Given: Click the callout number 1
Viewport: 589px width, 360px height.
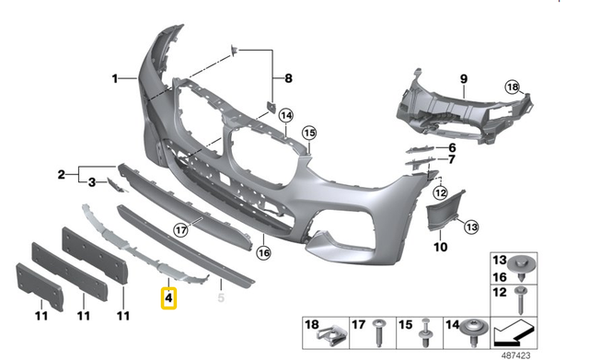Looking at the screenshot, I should pyautogui.click(x=116, y=79).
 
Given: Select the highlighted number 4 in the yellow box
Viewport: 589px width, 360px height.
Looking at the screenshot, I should pyautogui.click(x=169, y=298).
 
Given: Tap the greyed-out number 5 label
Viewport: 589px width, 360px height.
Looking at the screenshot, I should pyautogui.click(x=220, y=297).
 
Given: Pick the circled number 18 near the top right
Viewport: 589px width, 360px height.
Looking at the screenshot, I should pyautogui.click(x=513, y=87).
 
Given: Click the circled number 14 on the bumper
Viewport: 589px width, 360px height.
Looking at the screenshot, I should pyautogui.click(x=286, y=116).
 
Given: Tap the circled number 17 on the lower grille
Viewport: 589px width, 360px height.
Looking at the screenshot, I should pyautogui.click(x=180, y=230).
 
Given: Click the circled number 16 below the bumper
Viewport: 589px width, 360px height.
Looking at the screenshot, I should pyautogui.click(x=264, y=251).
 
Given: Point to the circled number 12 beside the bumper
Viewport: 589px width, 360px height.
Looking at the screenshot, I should pyautogui.click(x=440, y=192).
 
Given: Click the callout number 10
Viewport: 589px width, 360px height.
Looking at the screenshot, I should pyautogui.click(x=440, y=248).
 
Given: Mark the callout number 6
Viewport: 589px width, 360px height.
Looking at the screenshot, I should pyautogui.click(x=452, y=147).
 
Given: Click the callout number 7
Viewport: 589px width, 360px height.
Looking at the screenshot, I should pyautogui.click(x=452, y=159).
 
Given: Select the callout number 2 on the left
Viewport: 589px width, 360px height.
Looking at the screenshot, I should pyautogui.click(x=62, y=173).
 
